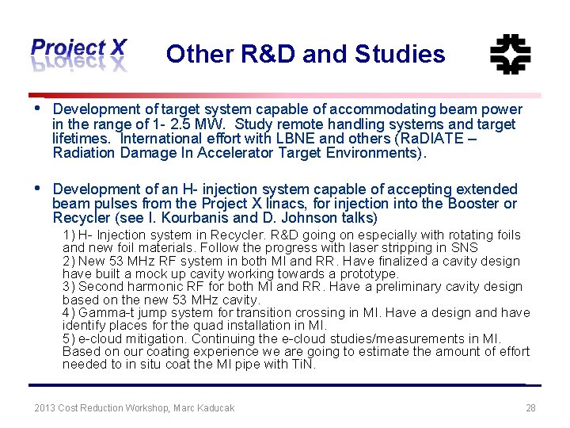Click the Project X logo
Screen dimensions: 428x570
[x=78, y=54]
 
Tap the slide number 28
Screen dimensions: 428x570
[x=530, y=408]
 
